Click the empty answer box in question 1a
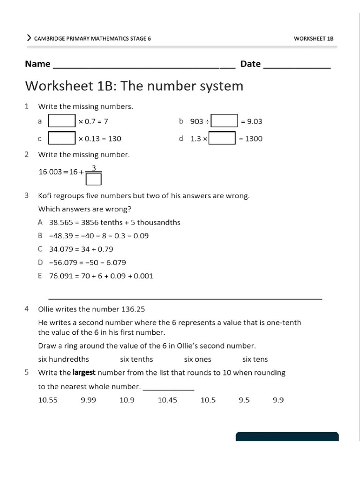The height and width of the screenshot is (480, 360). coord(62,121)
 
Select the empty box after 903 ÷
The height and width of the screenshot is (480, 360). coord(225,121)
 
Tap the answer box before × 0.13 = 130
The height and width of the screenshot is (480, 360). coord(62,138)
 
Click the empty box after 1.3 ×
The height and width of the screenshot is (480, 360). coord(222,138)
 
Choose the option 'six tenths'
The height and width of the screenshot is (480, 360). coord(136,360)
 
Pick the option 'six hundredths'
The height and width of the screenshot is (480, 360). coord(63,360)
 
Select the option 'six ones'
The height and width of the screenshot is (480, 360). coord(197,360)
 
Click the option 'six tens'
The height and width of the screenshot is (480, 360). coord(255,360)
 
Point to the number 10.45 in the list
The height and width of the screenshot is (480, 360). coord(167,400)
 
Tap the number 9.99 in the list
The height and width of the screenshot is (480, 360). coord(88,400)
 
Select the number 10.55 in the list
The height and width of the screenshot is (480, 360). coord(48,400)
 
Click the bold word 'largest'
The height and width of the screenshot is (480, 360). coord(84,373)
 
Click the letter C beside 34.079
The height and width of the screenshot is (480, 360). coord(40,249)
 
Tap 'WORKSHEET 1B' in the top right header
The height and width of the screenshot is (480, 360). coord(313,38)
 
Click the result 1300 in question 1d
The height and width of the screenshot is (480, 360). coord(254,139)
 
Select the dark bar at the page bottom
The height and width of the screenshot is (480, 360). coord(287,436)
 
